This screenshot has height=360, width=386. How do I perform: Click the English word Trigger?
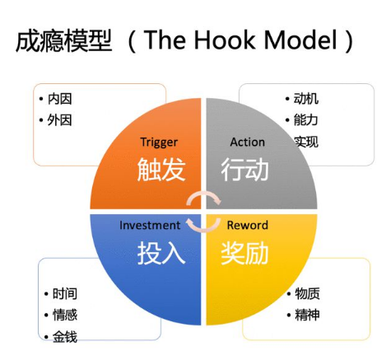(x=159, y=143)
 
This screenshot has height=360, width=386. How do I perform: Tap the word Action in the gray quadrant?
(x=248, y=143)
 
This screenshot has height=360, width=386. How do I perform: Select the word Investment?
(x=150, y=225)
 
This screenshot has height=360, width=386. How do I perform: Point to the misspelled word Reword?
(x=248, y=225)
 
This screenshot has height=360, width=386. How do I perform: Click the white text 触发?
(x=161, y=170)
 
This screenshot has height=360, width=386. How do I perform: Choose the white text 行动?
(x=244, y=170)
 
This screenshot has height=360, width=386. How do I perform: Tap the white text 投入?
(x=161, y=253)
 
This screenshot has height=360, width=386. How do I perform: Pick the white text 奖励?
(x=244, y=253)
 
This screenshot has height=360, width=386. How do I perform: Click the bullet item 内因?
(x=60, y=99)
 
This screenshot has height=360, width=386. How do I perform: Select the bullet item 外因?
(x=60, y=120)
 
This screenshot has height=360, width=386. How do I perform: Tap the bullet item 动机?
(x=306, y=99)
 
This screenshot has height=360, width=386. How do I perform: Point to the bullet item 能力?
(x=306, y=120)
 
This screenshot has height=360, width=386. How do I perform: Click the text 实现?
(x=306, y=142)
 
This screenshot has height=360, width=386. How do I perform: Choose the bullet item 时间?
(x=65, y=293)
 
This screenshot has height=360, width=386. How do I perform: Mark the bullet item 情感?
(x=65, y=315)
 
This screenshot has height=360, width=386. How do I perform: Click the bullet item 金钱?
(x=65, y=337)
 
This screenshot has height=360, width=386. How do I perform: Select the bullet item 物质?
(x=307, y=293)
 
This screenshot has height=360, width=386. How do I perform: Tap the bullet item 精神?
(x=307, y=315)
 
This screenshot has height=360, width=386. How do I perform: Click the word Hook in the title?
(x=226, y=40)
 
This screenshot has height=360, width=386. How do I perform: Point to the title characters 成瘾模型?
(x=64, y=40)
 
